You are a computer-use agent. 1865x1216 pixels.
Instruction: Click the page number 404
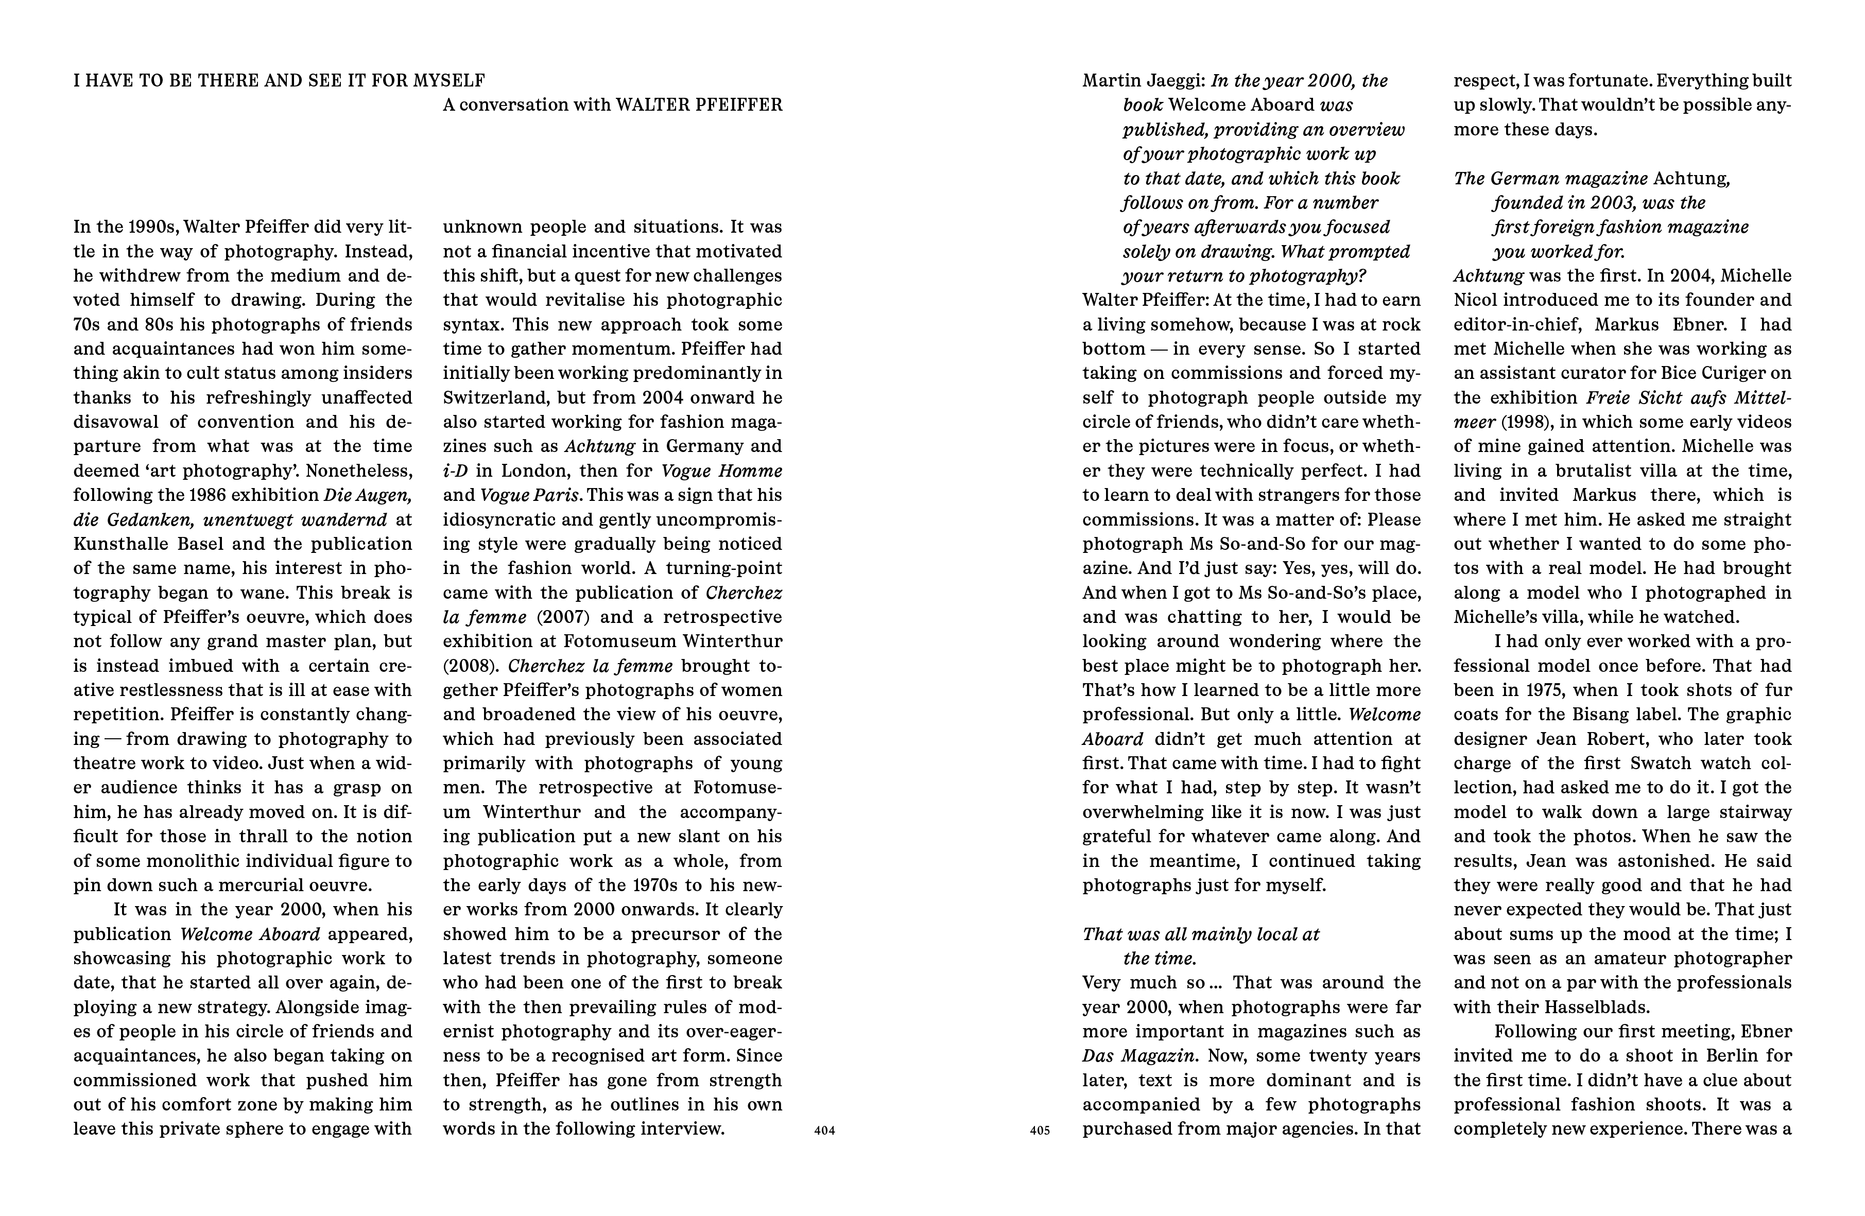tap(824, 1131)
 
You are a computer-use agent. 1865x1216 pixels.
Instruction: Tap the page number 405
tap(1040, 1131)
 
